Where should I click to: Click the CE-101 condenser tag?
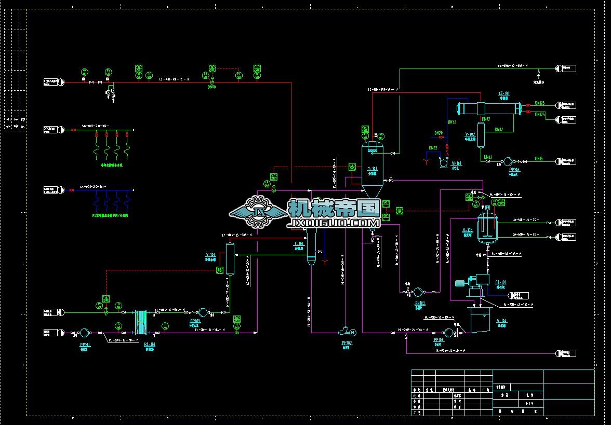504,94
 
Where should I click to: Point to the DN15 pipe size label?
539,158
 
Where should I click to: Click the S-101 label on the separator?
372,169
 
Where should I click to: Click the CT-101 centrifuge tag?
501,283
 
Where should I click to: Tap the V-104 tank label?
501,321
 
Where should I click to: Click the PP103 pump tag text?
420,303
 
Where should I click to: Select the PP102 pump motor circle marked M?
353,332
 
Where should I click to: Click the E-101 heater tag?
299,243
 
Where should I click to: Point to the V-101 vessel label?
210,254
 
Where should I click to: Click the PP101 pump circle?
85,333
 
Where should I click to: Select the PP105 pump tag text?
195,321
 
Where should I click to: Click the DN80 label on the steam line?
211,87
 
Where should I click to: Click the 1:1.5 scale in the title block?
529,403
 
